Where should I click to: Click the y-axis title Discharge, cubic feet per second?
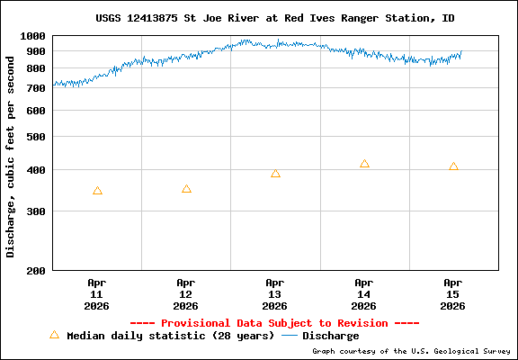12,153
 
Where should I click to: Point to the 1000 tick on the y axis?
33,36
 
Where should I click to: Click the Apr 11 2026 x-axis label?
97,294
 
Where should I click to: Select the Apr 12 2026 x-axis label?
186,294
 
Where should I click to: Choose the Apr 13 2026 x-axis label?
275,294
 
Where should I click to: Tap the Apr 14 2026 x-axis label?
364,294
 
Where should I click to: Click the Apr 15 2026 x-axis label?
453,294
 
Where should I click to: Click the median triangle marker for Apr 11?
97,191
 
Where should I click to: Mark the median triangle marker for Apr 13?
275,174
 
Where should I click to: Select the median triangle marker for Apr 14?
364,164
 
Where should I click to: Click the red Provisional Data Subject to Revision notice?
274,323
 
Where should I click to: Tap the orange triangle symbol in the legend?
54,335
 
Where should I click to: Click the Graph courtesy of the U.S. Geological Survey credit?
412,351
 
